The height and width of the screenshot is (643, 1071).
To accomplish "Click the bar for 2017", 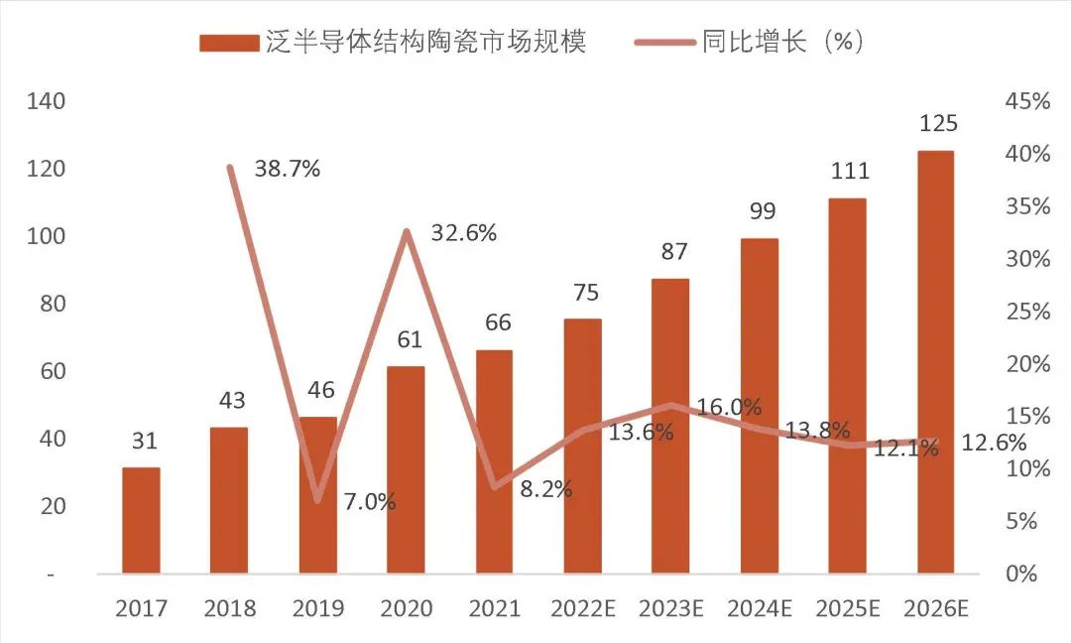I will click(x=141, y=520).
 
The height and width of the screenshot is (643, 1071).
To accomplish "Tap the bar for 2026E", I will click(x=935, y=362).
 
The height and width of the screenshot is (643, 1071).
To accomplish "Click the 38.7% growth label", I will click(x=288, y=169).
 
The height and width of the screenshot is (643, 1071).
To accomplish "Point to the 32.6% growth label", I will click(x=464, y=234).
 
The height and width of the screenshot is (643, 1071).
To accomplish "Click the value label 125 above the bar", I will click(x=938, y=124).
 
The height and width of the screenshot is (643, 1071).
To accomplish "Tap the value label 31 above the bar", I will click(x=145, y=442).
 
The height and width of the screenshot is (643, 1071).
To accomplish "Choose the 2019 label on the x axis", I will click(x=317, y=608).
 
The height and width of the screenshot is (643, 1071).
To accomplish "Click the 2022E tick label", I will click(x=583, y=608).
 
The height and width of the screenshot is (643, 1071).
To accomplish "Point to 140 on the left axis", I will click(x=47, y=101).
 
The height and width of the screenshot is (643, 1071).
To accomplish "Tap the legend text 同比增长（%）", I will click(x=783, y=42).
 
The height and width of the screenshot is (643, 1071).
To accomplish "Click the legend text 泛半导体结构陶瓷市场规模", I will click(x=426, y=42).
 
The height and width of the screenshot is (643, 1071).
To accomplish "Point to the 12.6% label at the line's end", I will click(x=994, y=444).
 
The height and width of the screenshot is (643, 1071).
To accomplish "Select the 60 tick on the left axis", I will click(x=52, y=371).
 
